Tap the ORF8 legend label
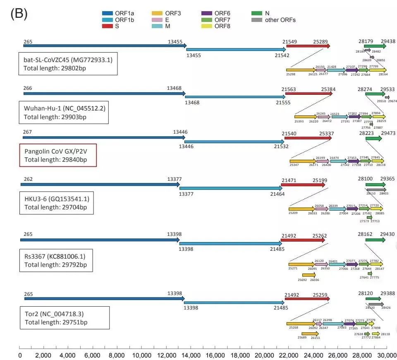click(222, 26)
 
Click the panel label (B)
click(19, 13)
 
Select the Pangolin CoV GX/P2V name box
click(58, 155)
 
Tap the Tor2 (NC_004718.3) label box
click(65, 317)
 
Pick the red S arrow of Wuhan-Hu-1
click(309, 94)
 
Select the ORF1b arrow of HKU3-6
click(230, 188)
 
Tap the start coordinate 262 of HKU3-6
click(28, 179)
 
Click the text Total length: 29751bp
click(56, 322)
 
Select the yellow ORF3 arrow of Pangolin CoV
click(303, 161)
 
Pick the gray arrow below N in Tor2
click(374, 304)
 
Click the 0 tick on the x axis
click(20, 355)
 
